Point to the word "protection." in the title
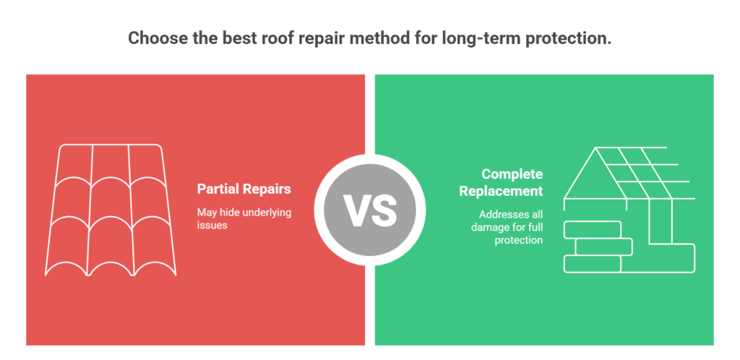click(x=571, y=38)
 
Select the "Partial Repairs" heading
click(x=244, y=189)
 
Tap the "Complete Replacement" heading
click(x=512, y=183)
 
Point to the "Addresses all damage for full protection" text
click(x=509, y=227)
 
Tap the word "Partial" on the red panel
click(x=218, y=189)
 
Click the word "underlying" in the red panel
click(x=264, y=213)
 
